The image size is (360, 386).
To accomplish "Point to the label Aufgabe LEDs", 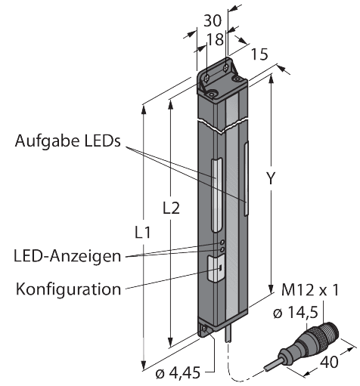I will coord(68,142).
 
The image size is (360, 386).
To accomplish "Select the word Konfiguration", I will coord(67,289).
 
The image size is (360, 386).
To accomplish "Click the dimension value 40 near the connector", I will coord(330,362).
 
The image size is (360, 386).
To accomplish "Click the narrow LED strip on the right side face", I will coord(247,174).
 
